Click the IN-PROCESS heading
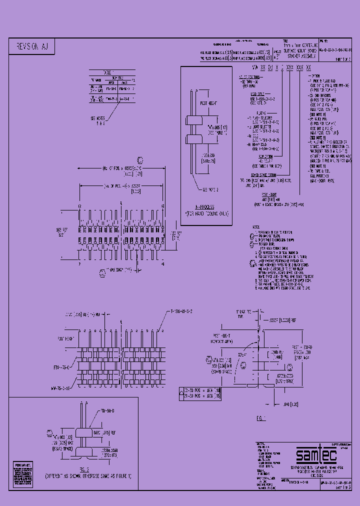tap(205, 206)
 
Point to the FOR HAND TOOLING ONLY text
tap(205, 213)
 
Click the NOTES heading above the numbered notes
tap(256, 227)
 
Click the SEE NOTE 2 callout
tap(212, 190)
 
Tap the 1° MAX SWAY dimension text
tap(118, 270)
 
